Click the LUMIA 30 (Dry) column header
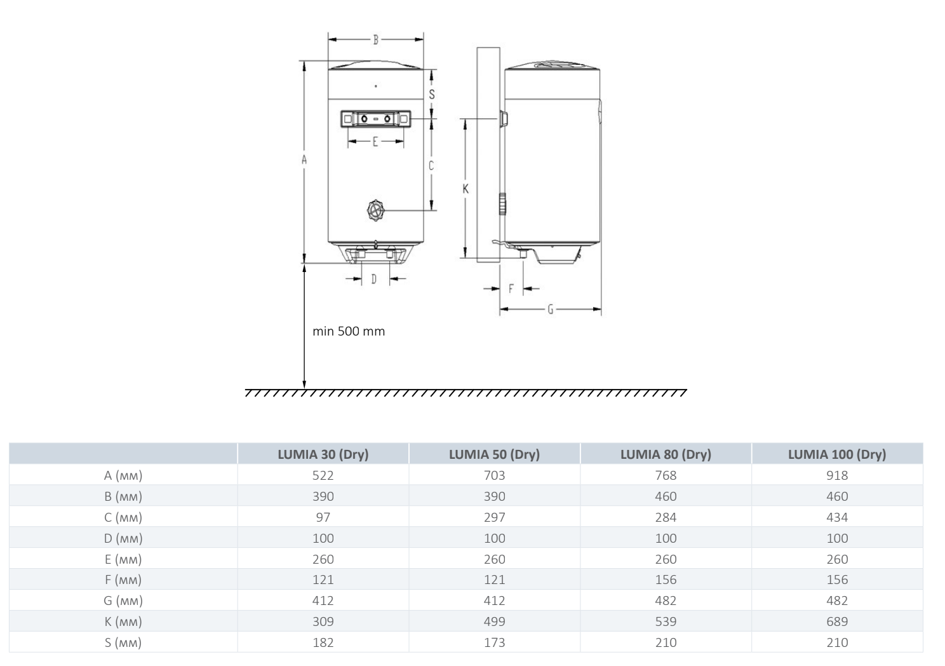click(323, 454)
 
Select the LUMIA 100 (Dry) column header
click(837, 454)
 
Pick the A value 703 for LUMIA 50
click(495, 475)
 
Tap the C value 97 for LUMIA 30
click(323, 517)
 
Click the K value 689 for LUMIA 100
click(837, 622)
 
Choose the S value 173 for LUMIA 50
click(495, 642)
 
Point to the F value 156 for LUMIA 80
click(666, 580)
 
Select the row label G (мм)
click(123, 601)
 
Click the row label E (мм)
click(123, 560)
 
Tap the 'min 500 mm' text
click(349, 331)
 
